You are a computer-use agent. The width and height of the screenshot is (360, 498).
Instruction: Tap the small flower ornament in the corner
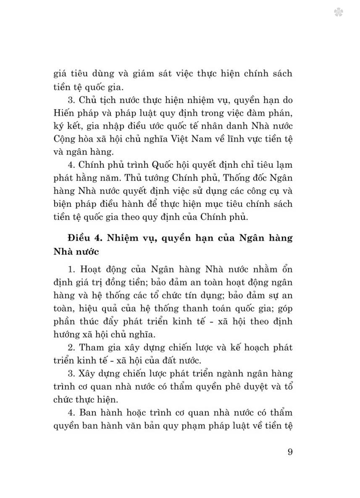point(338,13)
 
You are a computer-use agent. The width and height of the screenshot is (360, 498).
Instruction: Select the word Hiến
point(64,113)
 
